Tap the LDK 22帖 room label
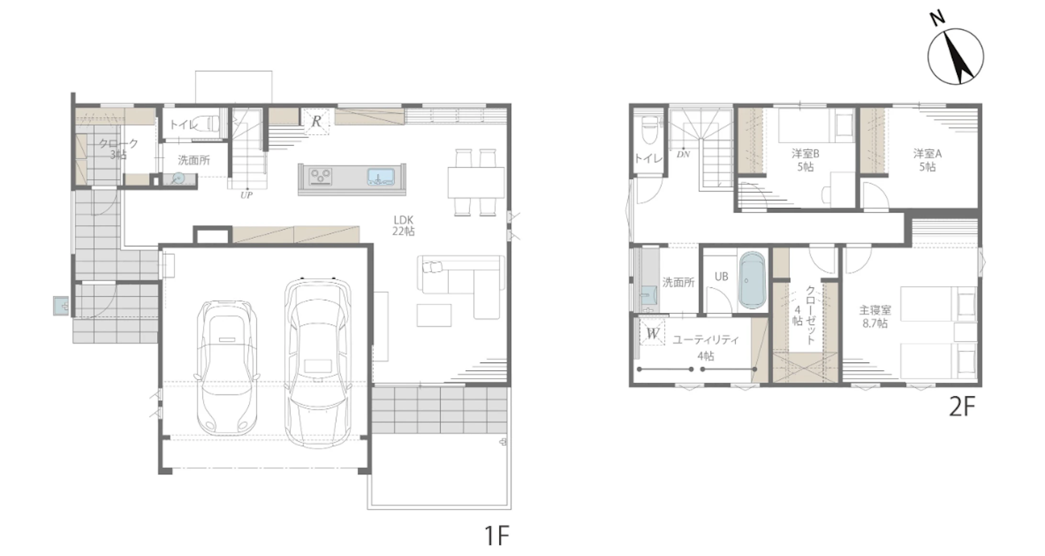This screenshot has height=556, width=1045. point(403,226)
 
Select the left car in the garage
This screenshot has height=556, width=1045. point(227,367)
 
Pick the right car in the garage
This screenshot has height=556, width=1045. point(318,363)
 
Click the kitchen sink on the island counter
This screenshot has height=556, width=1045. point(381,177)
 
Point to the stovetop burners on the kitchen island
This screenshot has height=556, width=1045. point(321,176)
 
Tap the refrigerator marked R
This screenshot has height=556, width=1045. point(316,121)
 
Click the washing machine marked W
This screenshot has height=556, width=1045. point(653,332)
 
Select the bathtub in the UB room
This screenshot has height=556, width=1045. point(753,281)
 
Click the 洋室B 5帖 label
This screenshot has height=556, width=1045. point(805,160)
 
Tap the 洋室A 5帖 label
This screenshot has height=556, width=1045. point(927,160)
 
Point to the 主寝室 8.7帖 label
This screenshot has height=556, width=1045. point(875,317)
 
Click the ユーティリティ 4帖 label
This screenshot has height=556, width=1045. point(706,348)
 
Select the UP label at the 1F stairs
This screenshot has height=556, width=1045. point(246,195)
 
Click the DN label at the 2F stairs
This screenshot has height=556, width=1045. point(683,154)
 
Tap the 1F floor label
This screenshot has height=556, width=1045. point(497,535)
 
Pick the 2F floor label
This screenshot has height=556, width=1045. point(962,407)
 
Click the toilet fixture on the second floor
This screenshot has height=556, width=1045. point(649,130)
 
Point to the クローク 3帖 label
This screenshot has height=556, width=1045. point(118,149)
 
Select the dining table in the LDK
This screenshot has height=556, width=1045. point(476,182)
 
